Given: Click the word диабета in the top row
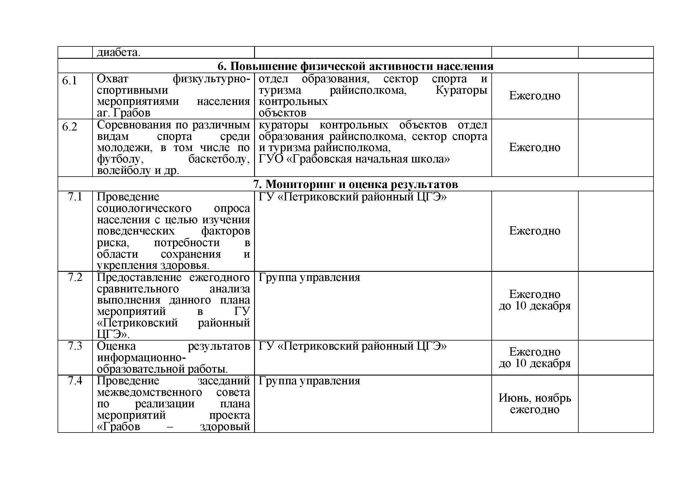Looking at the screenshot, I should [118, 53].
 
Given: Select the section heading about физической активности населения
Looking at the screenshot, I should [355, 66].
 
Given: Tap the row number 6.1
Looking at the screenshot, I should [69, 81].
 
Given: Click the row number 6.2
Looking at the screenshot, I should [69, 127].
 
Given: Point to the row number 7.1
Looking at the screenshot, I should [75, 197].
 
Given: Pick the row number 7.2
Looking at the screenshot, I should [75, 277].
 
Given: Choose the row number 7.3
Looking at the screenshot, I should [75, 346].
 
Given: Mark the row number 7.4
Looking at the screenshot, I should [75, 381].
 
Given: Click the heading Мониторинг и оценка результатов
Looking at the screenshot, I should [355, 184].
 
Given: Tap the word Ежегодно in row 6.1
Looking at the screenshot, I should [534, 96].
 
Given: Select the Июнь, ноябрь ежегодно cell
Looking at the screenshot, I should [534, 404].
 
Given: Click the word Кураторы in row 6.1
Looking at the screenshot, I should [461, 90].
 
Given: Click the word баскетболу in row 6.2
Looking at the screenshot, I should [219, 159].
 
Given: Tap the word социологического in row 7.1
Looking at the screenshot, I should [144, 208].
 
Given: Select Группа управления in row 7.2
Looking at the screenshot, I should [309, 277].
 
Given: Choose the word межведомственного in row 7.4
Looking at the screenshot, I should [149, 392].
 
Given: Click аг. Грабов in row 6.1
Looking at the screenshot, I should [123, 113].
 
